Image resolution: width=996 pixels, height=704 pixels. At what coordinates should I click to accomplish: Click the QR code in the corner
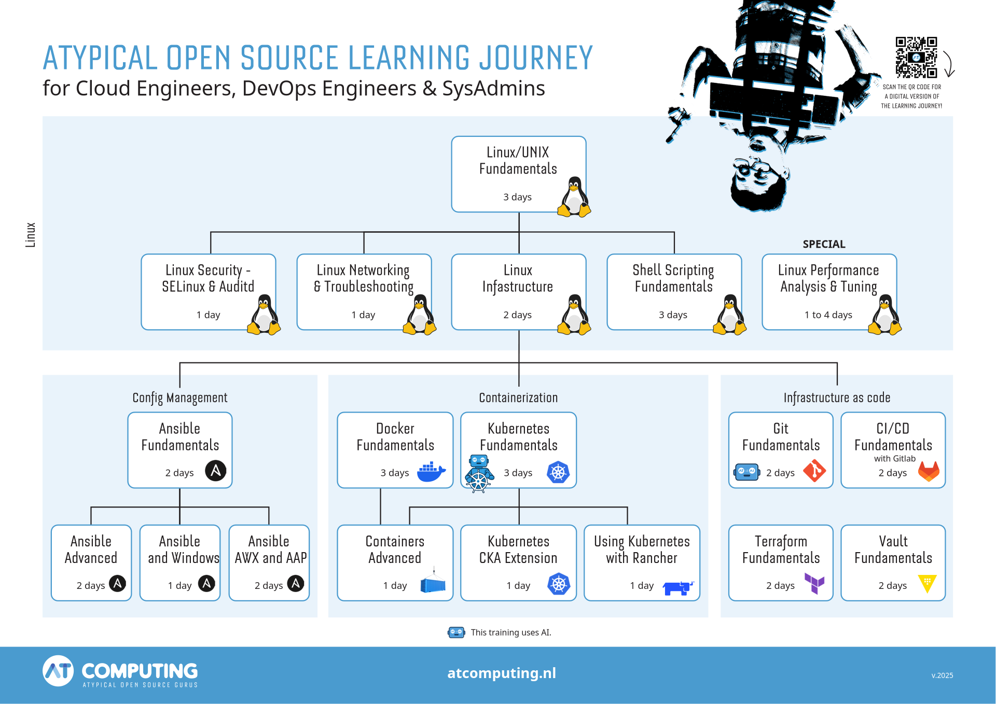click(916, 57)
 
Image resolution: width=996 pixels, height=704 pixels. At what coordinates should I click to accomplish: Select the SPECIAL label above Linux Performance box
click(824, 244)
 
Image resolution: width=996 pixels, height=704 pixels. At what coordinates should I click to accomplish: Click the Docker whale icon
click(431, 472)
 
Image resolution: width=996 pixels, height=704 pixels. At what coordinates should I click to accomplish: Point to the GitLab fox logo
click(929, 471)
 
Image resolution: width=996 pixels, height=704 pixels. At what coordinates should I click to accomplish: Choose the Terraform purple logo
click(814, 584)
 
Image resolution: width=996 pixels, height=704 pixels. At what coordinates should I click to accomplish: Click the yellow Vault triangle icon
click(927, 583)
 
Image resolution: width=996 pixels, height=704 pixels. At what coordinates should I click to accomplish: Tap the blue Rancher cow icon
click(678, 588)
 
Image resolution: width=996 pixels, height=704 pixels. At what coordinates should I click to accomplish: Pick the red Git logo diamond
click(814, 471)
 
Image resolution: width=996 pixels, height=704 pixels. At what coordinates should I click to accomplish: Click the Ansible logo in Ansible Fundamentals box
click(216, 471)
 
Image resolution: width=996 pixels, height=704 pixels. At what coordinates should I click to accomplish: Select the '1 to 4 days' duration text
click(828, 315)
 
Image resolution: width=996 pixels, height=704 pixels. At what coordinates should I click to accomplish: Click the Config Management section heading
click(180, 398)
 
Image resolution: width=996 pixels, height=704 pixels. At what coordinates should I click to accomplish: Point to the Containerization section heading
click(518, 398)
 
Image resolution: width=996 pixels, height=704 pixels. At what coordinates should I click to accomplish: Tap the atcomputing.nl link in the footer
click(502, 673)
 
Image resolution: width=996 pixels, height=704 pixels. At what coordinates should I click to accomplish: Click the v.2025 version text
click(942, 675)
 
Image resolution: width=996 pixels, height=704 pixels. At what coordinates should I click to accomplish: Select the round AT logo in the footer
click(58, 671)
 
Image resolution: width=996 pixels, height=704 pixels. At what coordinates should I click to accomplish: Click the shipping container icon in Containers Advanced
click(433, 584)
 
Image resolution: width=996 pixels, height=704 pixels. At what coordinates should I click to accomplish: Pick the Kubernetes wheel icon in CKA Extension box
click(559, 584)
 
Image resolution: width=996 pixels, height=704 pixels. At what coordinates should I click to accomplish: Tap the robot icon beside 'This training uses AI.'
click(457, 632)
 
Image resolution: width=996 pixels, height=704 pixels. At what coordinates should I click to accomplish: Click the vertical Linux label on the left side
click(31, 235)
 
